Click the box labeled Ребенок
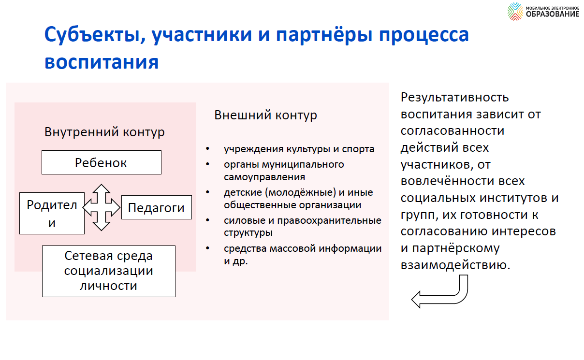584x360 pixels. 102,162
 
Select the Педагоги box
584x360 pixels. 157,207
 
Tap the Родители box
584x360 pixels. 52,213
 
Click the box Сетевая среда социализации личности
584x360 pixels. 109,271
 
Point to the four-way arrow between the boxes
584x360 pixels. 102,207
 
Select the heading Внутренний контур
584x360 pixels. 104,132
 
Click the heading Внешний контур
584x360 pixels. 265,115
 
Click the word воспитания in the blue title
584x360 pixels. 102,62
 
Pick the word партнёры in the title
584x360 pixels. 324,35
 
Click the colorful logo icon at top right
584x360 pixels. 515,12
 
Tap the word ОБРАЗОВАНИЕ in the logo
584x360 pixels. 553,14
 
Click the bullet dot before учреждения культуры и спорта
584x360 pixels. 207,149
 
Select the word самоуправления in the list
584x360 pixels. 264,177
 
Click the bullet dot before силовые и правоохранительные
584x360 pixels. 207,220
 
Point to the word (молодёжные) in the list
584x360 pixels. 301,192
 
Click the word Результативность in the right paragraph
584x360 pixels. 455,98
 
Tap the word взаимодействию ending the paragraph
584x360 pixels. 455,265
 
